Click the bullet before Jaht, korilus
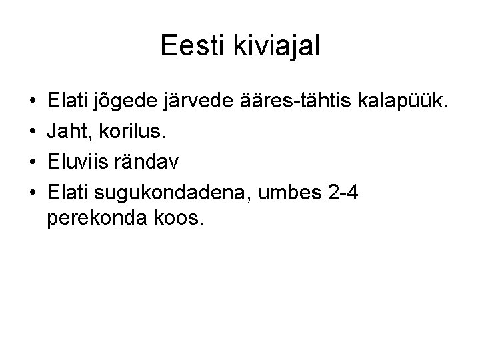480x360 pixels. click(x=33, y=133)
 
